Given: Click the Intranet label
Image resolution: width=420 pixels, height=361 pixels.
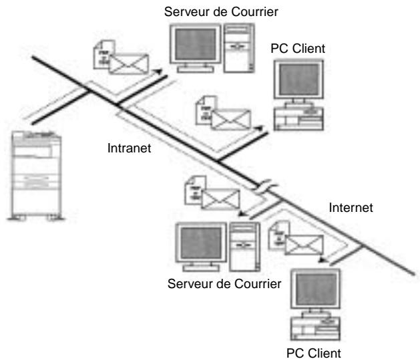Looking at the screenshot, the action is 129,148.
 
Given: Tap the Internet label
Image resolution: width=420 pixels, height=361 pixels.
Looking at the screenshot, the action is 351,208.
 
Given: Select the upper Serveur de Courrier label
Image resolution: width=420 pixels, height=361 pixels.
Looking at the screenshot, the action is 221,12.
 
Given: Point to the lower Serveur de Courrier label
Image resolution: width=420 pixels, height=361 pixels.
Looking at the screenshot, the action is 224,283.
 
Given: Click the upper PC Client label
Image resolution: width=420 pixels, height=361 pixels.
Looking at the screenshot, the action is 298,49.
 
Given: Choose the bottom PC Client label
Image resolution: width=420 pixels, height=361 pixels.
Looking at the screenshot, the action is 314,353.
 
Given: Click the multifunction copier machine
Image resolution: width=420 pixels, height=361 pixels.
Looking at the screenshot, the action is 36,176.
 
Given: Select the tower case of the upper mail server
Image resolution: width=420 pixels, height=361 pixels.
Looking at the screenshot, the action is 239,48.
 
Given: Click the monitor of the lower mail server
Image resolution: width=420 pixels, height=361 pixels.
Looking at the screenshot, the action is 201,247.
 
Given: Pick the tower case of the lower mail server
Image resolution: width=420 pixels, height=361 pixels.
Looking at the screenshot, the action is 244,247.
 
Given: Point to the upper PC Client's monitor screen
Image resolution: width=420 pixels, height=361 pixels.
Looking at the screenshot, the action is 298,80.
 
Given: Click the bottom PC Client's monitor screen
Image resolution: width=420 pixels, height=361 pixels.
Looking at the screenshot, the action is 316,289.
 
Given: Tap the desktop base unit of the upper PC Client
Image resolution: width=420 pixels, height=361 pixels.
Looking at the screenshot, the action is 298,118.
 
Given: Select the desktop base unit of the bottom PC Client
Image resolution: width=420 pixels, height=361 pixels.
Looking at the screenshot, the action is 315,328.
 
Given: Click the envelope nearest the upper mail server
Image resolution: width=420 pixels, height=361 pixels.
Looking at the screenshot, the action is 129,64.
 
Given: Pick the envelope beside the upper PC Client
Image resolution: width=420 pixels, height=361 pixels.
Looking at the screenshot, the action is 231,120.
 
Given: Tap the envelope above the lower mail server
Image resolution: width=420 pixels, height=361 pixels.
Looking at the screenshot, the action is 220,199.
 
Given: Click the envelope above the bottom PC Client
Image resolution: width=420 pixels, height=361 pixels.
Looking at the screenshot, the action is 304,245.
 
